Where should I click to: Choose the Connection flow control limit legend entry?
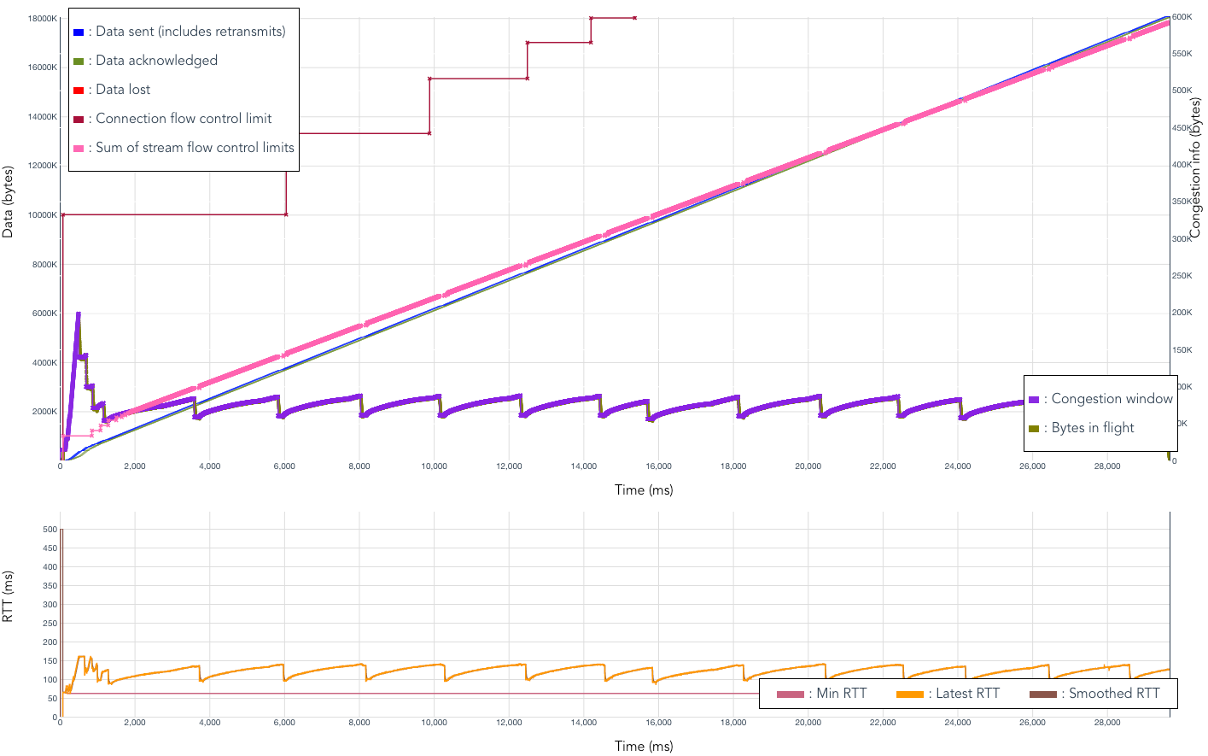coord(184,119)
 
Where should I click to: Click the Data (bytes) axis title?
coord(9,202)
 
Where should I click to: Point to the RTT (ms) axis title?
coord(9,596)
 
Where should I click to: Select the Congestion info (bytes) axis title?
coord(1196,167)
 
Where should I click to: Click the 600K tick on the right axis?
coord(1182,17)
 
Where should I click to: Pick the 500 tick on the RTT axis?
coord(50,530)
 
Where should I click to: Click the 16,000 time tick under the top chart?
coord(658,466)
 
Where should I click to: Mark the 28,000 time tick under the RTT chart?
coord(1107,723)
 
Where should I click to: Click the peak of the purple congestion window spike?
coord(78,314)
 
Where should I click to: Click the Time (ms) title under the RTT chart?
coord(644,746)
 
